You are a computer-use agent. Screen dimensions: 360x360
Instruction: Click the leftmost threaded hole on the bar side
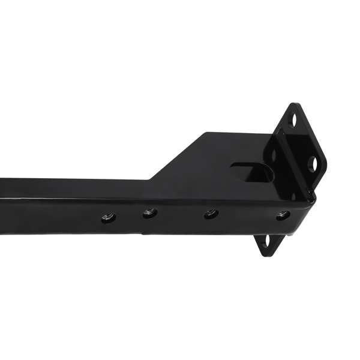click(x=109, y=217)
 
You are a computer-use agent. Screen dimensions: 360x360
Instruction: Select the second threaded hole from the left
click(x=149, y=212)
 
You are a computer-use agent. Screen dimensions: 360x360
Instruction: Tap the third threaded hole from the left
click(x=211, y=214)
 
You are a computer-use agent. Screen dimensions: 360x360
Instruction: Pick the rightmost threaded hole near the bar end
click(x=283, y=215)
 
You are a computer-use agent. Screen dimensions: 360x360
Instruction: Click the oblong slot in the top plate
click(x=252, y=172)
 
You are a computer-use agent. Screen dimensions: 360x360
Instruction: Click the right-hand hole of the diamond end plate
click(x=313, y=163)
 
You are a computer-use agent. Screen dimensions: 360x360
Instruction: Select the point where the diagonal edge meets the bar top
click(x=150, y=179)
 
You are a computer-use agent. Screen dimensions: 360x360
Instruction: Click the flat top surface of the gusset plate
click(x=210, y=159)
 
